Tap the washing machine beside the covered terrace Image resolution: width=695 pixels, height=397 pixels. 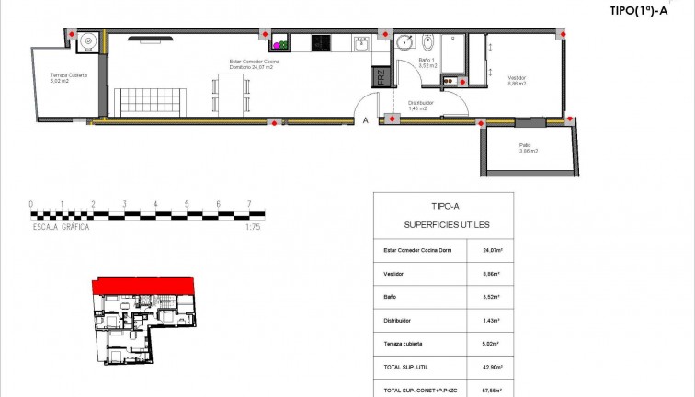click(87, 40)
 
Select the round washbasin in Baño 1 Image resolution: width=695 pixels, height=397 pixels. click(405, 42)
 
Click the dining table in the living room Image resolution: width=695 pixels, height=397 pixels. click(232, 95)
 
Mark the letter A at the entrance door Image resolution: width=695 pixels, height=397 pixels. click(365, 120)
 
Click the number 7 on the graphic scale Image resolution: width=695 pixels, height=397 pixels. click(248, 204)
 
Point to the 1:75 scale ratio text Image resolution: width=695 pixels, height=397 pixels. click(254, 225)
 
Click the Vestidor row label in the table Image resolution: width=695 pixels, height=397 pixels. click(393, 273)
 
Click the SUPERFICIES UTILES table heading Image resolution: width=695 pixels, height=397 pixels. click(447, 224)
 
